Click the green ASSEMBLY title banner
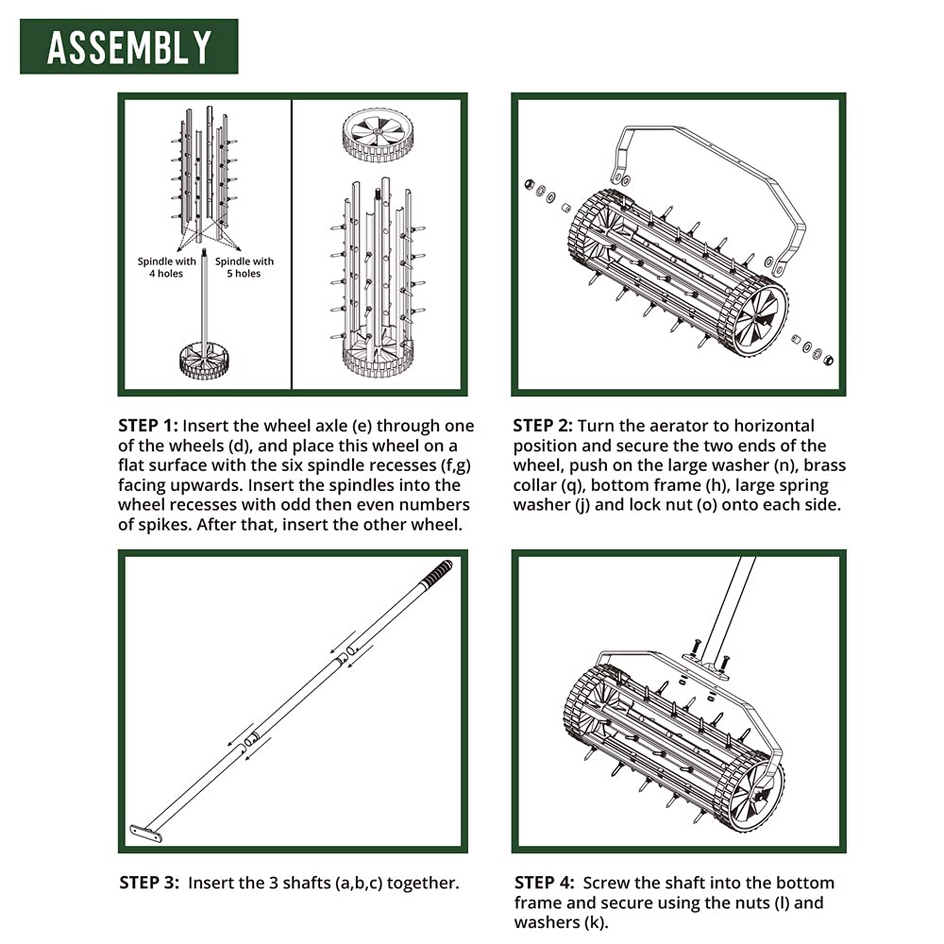pos(129,46)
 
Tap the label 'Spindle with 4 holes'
pos(167,267)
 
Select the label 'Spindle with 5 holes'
pos(244,267)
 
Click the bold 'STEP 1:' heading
pos(151,426)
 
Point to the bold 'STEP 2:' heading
pos(543,426)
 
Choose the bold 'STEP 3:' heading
pos(149,884)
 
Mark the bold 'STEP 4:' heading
pos(544,883)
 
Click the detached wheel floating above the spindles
pos(378,133)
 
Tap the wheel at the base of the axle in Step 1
pos(204,360)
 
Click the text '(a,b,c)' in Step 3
pos(351,884)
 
